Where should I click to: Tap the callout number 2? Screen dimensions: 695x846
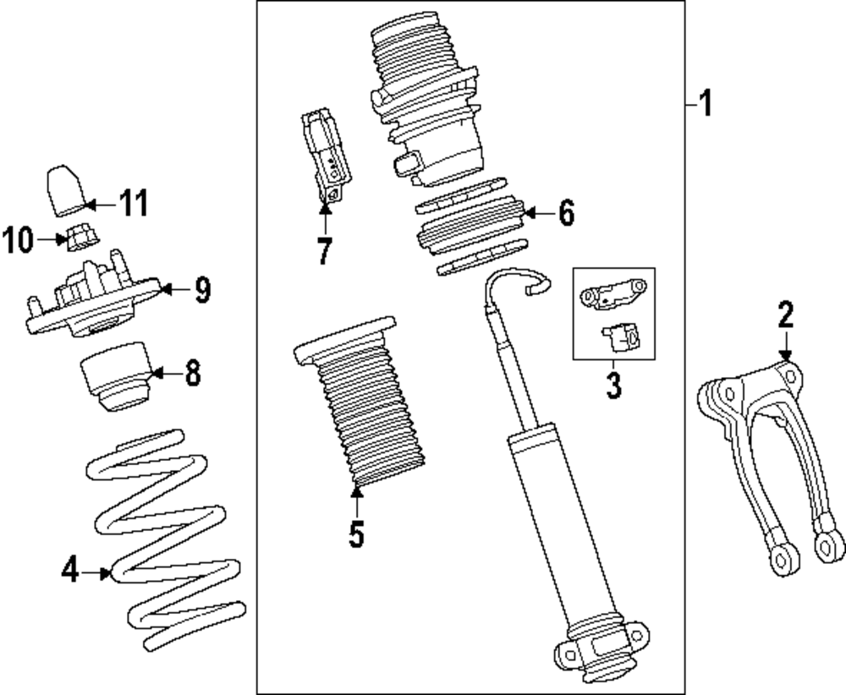tap(786, 315)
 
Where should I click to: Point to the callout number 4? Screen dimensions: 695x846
tap(71, 573)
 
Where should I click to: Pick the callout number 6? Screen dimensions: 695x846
tap(565, 213)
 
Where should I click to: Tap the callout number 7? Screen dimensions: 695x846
tap(324, 251)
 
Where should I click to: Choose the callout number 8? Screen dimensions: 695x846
tap(192, 372)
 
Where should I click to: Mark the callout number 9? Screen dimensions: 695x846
tap(201, 290)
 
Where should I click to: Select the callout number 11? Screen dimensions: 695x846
tap(132, 203)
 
